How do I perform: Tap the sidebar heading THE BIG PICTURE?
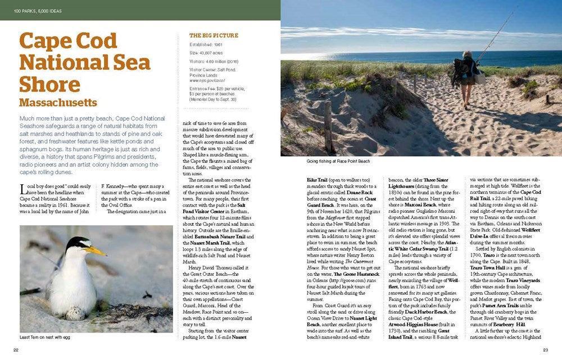[x=210, y=35]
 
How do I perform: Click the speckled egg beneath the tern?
[x=75, y=312]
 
